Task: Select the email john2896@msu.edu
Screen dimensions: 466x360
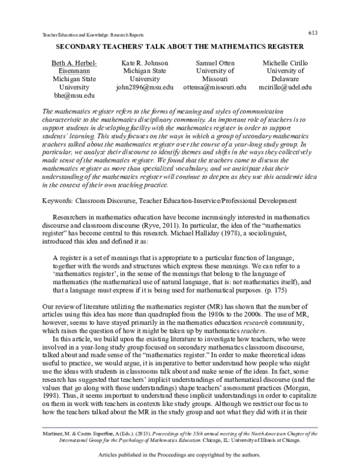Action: (x=144, y=87)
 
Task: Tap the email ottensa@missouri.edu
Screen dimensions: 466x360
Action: (x=221, y=87)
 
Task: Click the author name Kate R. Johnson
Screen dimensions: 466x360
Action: (x=145, y=62)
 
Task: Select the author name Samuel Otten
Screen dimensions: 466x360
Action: (x=221, y=62)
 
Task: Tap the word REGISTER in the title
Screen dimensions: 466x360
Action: (x=283, y=46)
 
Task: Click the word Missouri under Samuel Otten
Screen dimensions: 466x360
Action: (x=221, y=79)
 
